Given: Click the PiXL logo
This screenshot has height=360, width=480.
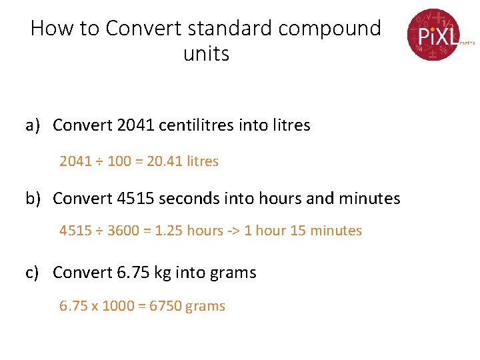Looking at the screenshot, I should click(x=435, y=34).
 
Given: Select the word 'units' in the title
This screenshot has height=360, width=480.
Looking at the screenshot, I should click(x=206, y=53).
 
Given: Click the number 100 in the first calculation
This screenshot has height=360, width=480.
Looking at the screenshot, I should click(x=119, y=161).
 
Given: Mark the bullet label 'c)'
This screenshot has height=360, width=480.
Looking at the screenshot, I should click(x=34, y=273).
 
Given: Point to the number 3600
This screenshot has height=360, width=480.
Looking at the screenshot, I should click(x=123, y=231).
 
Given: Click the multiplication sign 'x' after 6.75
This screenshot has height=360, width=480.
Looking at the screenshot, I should click(x=95, y=307).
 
